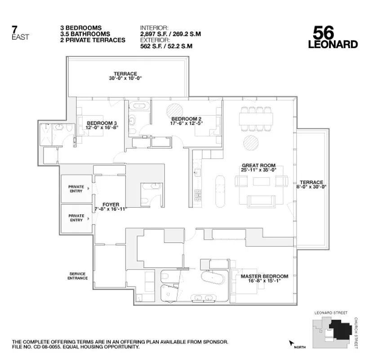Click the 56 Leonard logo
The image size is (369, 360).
[x=333, y=36]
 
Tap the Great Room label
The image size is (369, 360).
[x=258, y=165]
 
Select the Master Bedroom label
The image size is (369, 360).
[x=264, y=276]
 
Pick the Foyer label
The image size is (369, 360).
[x=111, y=205]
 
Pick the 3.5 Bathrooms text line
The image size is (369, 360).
[x=85, y=34]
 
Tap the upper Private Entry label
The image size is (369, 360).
[x=76, y=189]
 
